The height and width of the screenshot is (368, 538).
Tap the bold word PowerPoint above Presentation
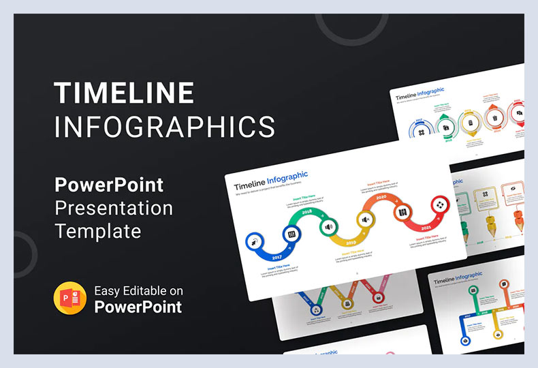pos(109,185)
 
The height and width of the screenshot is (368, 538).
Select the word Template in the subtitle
pos(98,231)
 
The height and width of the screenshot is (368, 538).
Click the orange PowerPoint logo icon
pos(70,298)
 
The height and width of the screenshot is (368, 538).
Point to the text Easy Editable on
pos(138,291)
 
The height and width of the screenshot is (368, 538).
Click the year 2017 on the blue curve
pos(276,257)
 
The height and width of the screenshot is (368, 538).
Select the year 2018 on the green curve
pos(306,213)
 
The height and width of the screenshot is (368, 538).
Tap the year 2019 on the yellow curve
pos(351,243)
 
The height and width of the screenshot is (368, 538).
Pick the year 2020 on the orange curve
pos(381,198)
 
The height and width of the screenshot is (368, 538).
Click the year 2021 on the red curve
pos(426,228)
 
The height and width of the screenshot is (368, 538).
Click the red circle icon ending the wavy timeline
pos(439,204)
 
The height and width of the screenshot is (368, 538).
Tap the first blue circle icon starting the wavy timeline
pos(255,241)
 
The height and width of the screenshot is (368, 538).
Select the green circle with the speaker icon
pos(328,226)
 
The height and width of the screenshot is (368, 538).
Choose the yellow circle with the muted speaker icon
pos(366,219)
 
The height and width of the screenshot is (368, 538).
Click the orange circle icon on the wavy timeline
pos(402,212)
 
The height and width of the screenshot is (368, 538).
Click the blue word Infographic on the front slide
pos(287,179)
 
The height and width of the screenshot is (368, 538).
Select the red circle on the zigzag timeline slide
pos(377,298)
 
